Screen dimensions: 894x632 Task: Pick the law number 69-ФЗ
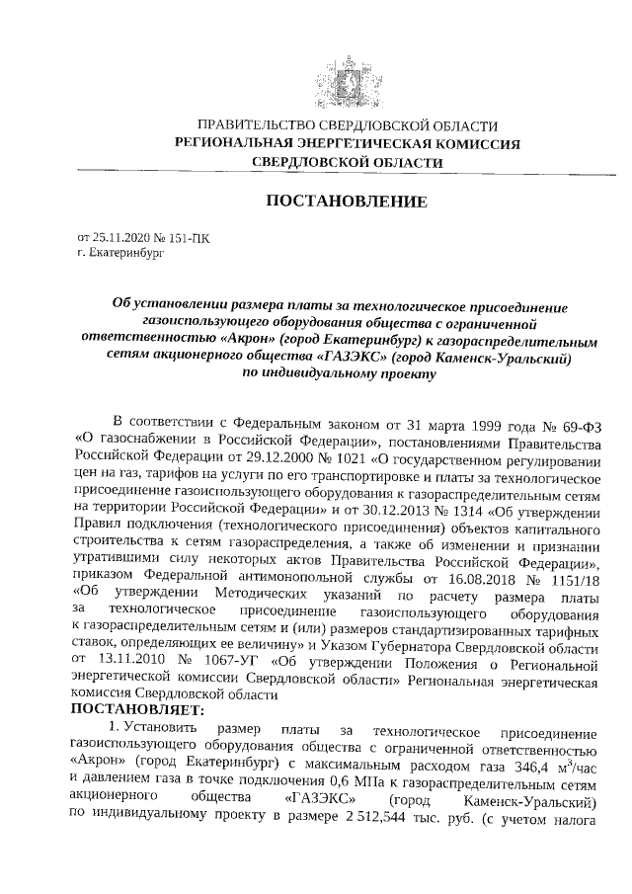pyautogui.click(x=581, y=422)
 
